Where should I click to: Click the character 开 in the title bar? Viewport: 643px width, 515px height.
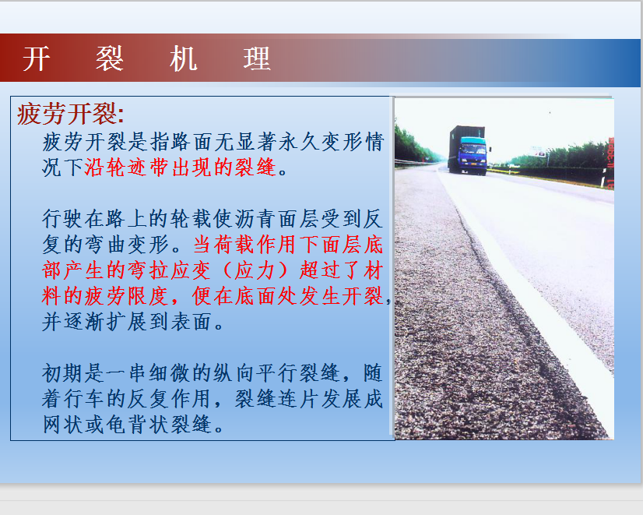tap(37, 58)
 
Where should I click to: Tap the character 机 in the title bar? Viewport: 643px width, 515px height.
tap(184, 58)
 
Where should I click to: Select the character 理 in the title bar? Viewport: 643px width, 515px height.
tap(257, 58)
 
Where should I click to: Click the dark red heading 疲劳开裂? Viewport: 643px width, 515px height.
tap(71, 114)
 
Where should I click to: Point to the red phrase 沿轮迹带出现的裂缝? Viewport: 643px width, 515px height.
tap(181, 168)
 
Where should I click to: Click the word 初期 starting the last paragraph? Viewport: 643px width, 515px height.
tap(63, 373)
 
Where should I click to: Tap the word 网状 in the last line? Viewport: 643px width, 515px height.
tap(63, 425)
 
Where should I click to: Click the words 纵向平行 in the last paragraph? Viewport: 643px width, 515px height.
tap(255, 373)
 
